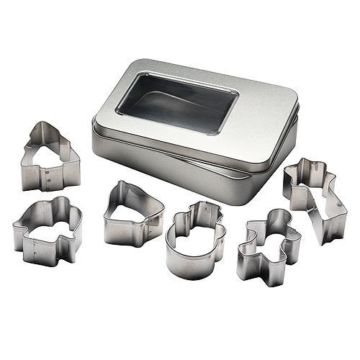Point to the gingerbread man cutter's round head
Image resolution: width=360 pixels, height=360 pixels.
click(276, 216)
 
